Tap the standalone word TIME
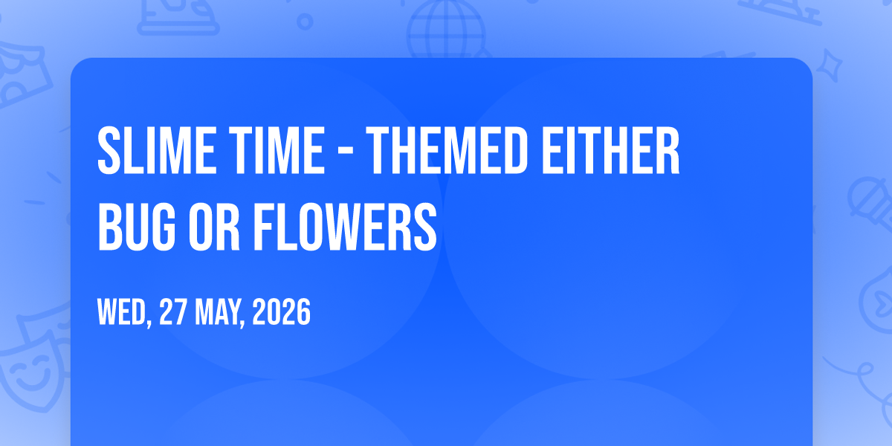click(x=277, y=150)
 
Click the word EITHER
click(x=610, y=150)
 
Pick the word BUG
click(x=137, y=226)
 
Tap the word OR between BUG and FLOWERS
click(x=214, y=226)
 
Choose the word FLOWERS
click(x=345, y=226)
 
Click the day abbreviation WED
click(x=122, y=311)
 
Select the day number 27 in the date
click(x=172, y=311)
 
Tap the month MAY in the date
click(x=217, y=311)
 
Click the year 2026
click(x=281, y=311)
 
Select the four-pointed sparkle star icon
click(x=830, y=65)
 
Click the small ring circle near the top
click(x=305, y=22)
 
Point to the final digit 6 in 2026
click(x=303, y=311)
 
